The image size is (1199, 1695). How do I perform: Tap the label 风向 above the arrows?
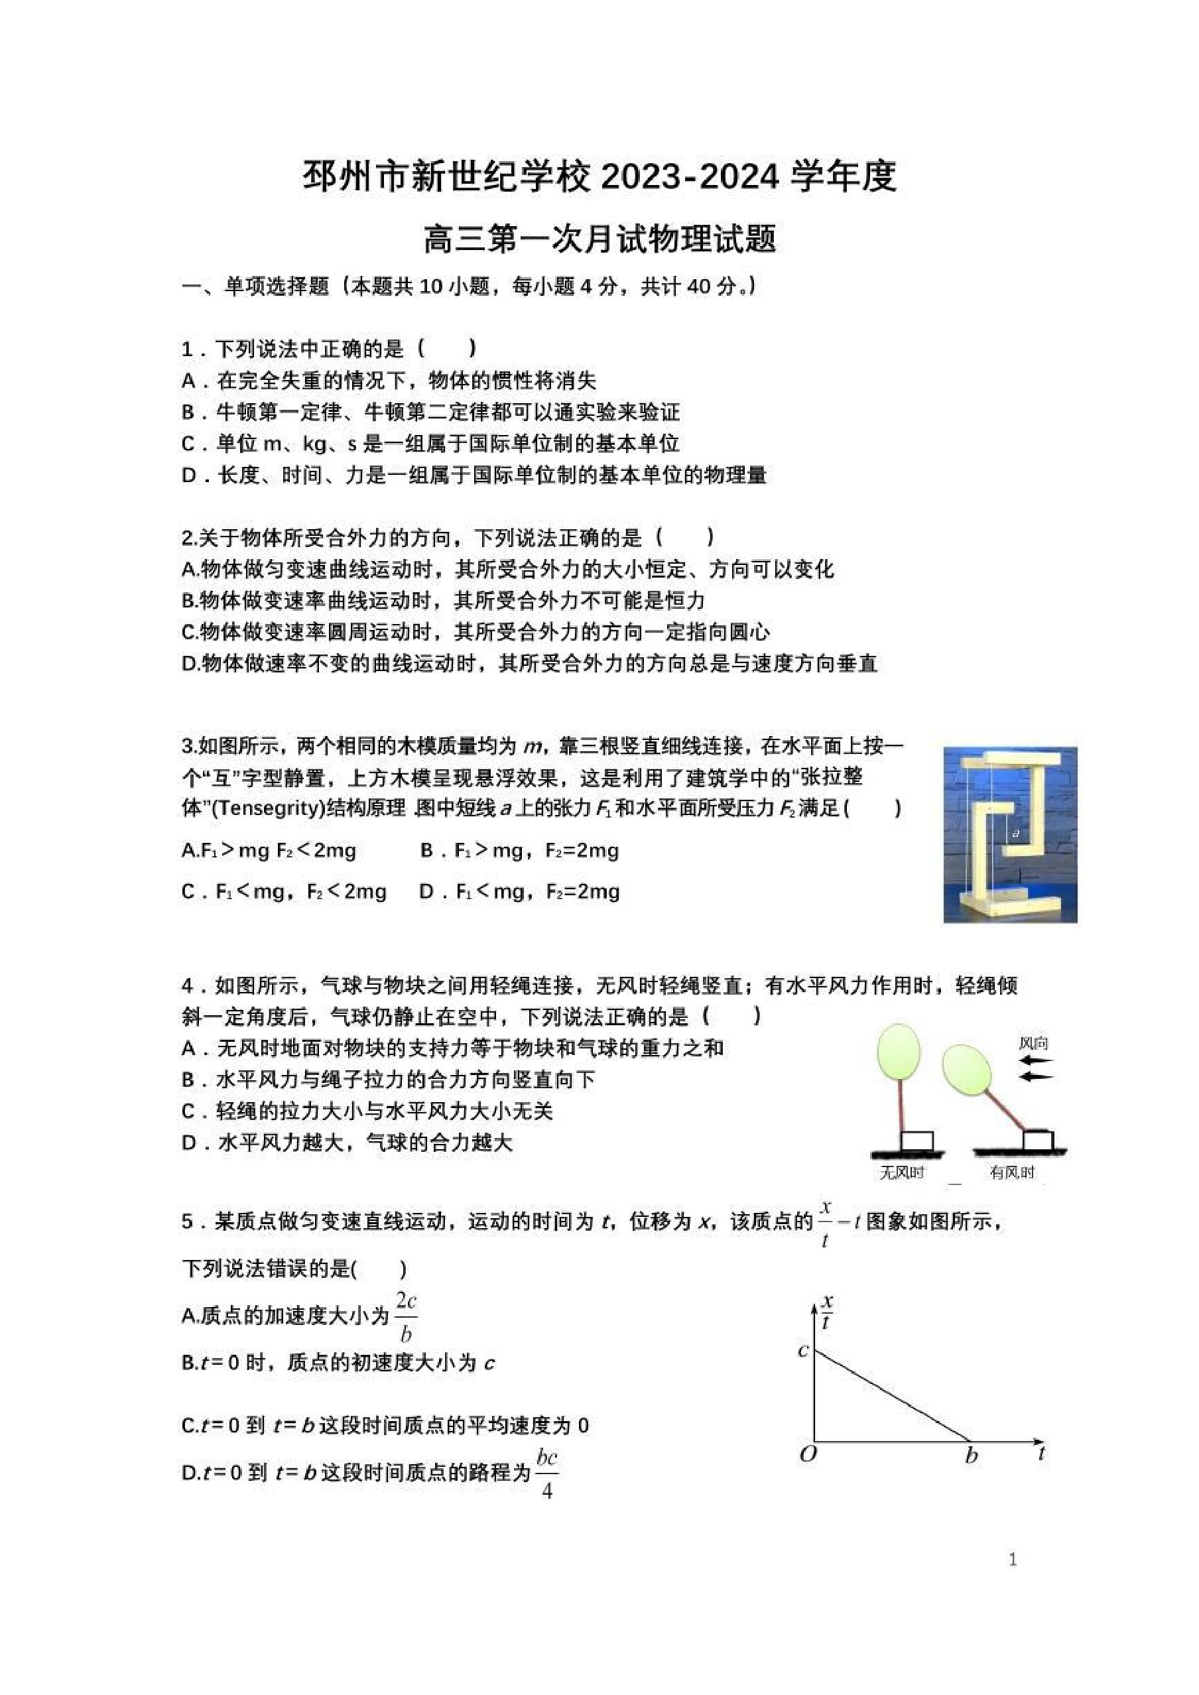[1034, 1043]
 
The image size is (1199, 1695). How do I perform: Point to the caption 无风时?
[901, 1172]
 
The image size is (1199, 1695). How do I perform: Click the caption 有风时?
[1012, 1172]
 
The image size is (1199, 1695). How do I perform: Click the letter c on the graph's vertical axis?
[803, 1351]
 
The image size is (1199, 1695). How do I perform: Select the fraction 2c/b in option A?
[405, 1316]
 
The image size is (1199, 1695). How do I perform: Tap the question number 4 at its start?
[188, 985]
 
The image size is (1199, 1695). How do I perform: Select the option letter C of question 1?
[189, 444]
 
